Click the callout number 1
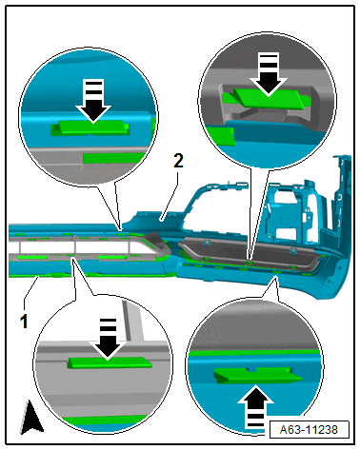(x=24, y=321)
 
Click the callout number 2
(x=179, y=161)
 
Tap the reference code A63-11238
(x=309, y=430)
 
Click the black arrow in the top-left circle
(x=93, y=101)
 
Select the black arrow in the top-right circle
(x=269, y=74)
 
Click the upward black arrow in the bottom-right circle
(x=255, y=410)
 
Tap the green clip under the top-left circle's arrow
(x=90, y=127)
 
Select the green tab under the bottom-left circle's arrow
(x=110, y=362)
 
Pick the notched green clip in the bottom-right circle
(x=257, y=376)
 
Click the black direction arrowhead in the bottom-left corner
(x=31, y=417)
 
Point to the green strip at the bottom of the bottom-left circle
(x=105, y=421)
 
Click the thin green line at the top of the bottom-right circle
(x=254, y=353)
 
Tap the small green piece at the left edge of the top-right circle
(x=221, y=135)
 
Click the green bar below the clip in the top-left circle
(x=114, y=158)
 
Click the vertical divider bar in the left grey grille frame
(x=75, y=247)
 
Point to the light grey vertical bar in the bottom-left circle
(x=133, y=322)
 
